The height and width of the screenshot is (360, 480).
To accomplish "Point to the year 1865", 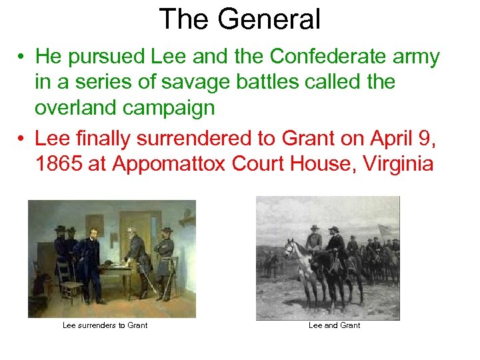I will (58, 163).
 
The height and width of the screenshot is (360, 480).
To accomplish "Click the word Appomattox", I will (171, 163).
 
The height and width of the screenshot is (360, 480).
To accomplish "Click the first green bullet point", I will (23, 59).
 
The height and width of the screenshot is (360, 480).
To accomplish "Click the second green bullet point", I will (23, 139).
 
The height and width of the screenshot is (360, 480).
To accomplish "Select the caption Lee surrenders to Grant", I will (105, 325).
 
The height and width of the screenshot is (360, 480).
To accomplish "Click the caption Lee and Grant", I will (334, 325).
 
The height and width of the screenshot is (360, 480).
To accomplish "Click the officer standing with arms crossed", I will (164, 257).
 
